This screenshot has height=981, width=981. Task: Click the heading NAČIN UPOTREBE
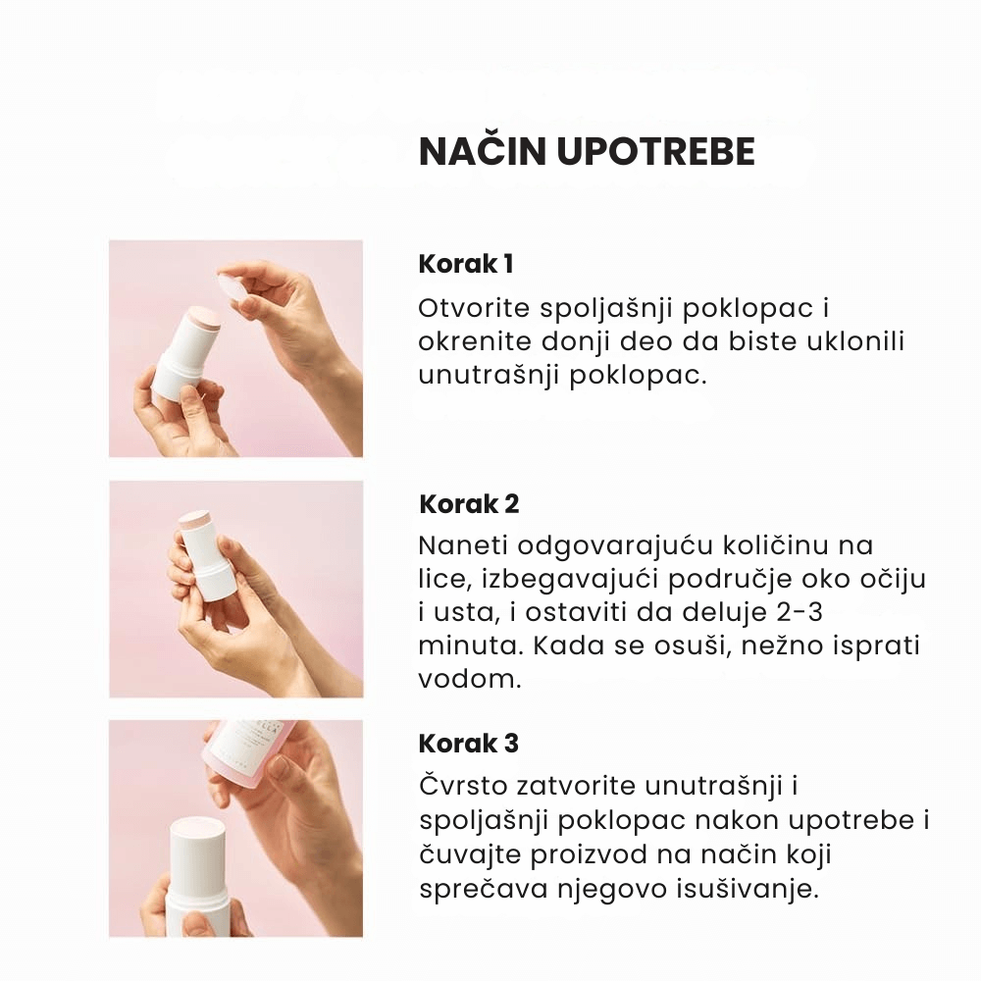click(x=587, y=151)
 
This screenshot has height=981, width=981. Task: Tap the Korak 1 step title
click(x=466, y=263)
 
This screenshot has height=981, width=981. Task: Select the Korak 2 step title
click(x=469, y=503)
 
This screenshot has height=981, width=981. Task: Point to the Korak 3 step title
click(x=469, y=744)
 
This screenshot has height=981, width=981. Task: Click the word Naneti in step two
click(x=463, y=544)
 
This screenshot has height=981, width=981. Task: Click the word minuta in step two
click(x=470, y=645)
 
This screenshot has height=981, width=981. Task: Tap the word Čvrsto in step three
click(x=464, y=786)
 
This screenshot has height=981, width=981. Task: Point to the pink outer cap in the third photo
click(x=250, y=757)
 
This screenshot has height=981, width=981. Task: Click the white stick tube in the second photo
click(x=206, y=560)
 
